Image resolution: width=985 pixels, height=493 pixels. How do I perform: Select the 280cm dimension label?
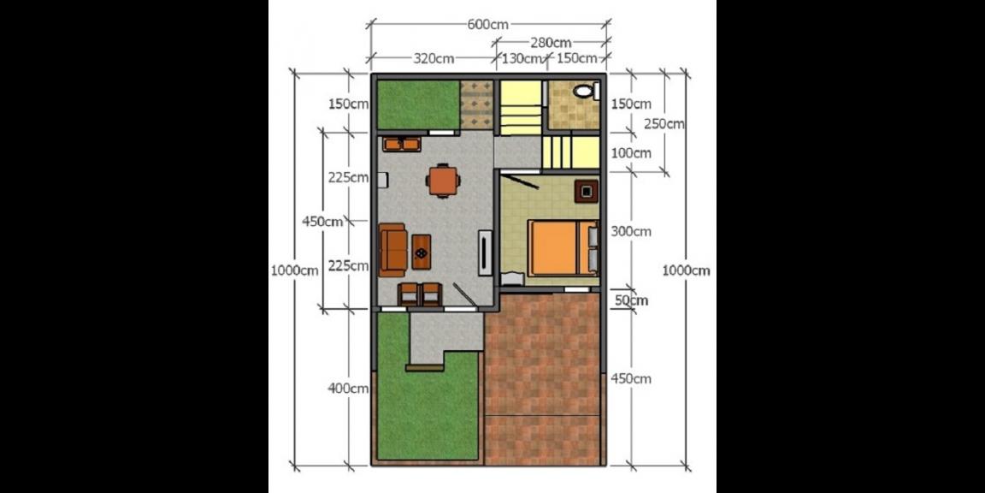click(x=551, y=42)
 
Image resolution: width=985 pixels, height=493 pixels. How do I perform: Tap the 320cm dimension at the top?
click(x=434, y=59)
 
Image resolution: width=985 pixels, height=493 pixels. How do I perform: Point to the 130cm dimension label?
click(x=522, y=59)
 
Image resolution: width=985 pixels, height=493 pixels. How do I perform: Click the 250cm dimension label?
click(x=664, y=123)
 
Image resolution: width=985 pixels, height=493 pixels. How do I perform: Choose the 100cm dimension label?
click(x=631, y=153)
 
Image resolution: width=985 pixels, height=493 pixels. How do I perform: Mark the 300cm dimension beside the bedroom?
click(x=631, y=231)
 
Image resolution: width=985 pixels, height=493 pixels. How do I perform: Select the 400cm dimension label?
click(x=348, y=389)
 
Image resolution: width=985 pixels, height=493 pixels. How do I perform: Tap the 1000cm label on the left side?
click(x=294, y=270)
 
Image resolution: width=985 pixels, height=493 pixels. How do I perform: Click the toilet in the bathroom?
click(x=584, y=91)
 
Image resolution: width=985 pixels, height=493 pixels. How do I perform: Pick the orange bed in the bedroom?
click(x=560, y=247)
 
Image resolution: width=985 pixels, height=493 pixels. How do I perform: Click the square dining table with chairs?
click(x=442, y=181)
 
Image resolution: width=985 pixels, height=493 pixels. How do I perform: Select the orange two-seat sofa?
click(x=392, y=249)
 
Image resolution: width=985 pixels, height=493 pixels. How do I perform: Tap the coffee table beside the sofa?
click(x=422, y=251)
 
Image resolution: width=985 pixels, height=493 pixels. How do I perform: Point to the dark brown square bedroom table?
click(x=586, y=190)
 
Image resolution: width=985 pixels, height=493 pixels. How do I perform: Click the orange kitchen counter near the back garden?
click(x=401, y=144)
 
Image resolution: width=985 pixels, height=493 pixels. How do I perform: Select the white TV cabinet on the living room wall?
click(x=485, y=252)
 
